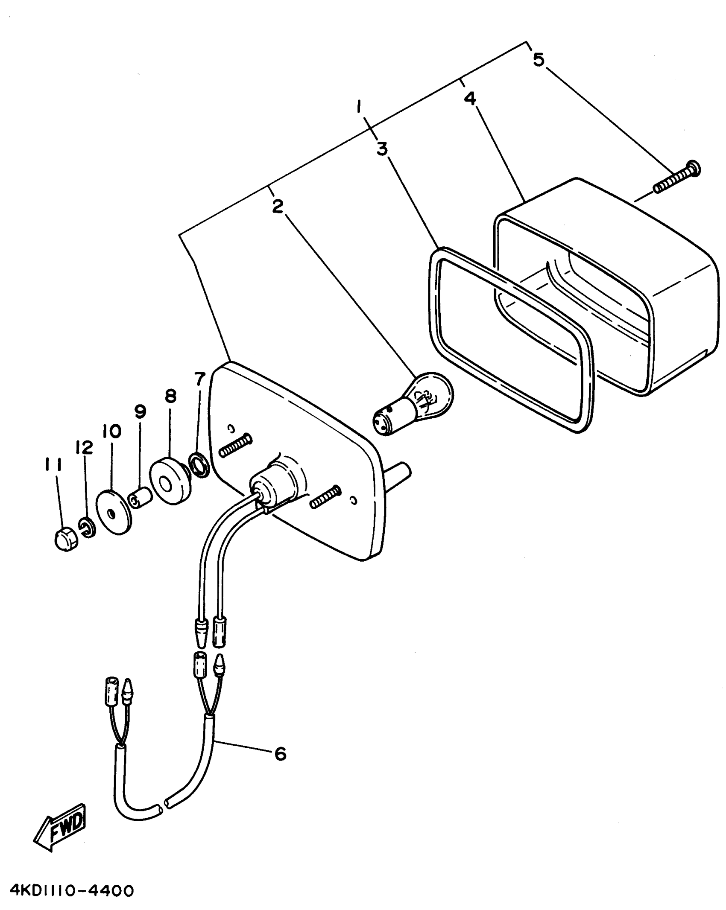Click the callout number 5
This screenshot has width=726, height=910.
coord(539,59)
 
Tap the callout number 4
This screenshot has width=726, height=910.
coord(470,99)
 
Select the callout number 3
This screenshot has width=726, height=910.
coord(382,149)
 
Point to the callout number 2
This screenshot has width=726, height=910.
coord(278,207)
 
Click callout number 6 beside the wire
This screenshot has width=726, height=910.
coord(280,754)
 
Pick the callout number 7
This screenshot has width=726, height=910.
coord(200,378)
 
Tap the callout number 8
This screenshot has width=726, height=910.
coord(170,397)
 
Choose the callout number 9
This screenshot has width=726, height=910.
coord(140,411)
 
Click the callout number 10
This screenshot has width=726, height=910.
coord(112,431)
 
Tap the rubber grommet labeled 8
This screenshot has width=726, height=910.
coord(168,481)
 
